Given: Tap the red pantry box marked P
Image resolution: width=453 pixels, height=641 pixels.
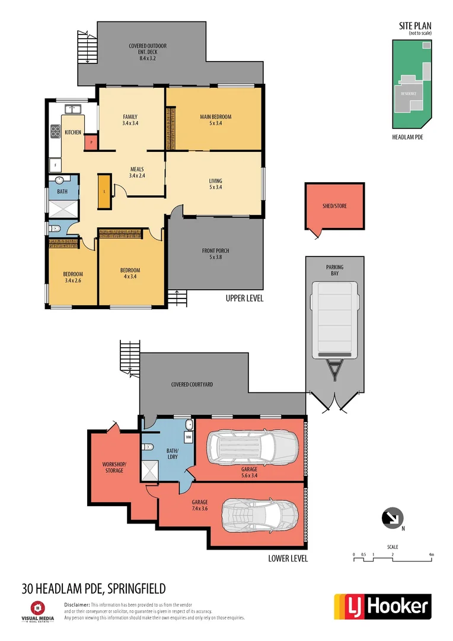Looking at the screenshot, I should coord(91,142).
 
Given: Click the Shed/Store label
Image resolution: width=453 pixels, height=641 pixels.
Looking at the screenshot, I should coord(334,207).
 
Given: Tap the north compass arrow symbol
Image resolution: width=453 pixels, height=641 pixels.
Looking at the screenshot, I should coord(392,518).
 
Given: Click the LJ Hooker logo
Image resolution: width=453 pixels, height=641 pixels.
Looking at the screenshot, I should coord(382,606).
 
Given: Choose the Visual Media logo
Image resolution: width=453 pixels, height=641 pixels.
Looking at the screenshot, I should coord(39,611).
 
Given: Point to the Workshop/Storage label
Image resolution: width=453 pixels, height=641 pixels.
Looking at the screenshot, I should coord(114,467).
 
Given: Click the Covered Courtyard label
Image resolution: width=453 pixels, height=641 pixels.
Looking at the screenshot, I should coord(192,385).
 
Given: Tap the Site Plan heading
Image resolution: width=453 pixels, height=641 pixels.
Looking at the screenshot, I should coord(414,26).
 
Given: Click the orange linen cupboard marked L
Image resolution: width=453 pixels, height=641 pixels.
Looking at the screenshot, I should coord(104,191).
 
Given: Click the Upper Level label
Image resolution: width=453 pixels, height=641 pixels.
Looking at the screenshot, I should coord(244,299).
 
